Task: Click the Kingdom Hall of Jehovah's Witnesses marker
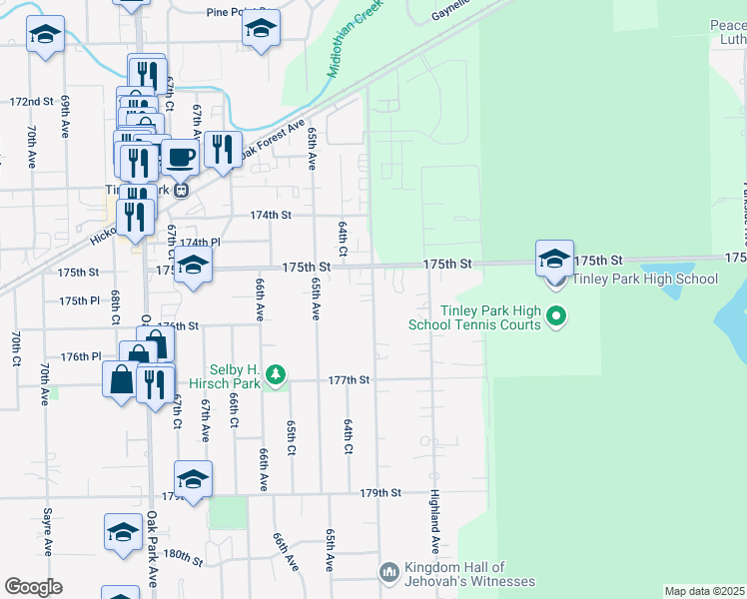[389, 572]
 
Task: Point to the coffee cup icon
[180, 158]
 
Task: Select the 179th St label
[380, 493]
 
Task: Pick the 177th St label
[350, 380]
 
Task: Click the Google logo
[33, 587]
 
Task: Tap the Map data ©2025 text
[704, 591]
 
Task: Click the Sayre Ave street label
[47, 532]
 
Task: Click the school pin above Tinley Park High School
[554, 259]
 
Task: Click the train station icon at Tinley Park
[181, 191]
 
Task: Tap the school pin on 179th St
[193, 478]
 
